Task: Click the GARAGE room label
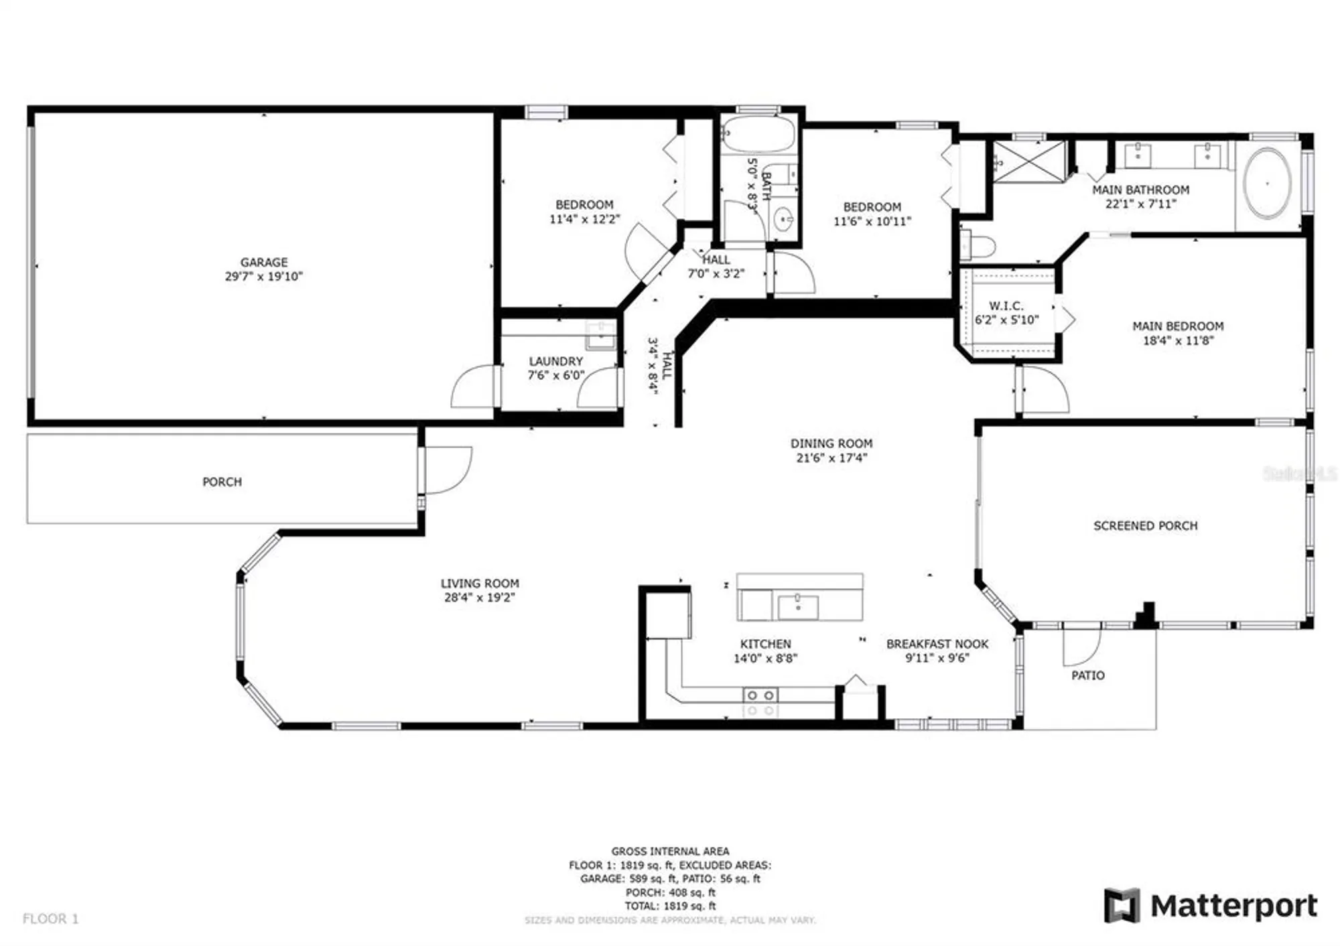coord(264,262)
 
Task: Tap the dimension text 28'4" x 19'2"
coord(479,598)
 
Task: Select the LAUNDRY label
coord(555,361)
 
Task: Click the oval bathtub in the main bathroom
coord(1267,183)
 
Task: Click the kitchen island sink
coord(797,607)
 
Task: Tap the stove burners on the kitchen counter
coord(760,702)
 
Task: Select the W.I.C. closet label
coord(1006,306)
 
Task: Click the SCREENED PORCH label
coord(1145,526)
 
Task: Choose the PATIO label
coord(1087,675)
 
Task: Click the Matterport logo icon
coord(1122,906)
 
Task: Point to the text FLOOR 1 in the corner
coord(50,919)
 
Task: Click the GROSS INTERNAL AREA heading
coord(670,852)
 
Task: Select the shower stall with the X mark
coord(1028,161)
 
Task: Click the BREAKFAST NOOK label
coord(937,644)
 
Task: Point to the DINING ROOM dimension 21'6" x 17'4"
coord(831,458)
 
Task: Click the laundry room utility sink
coord(600,336)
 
